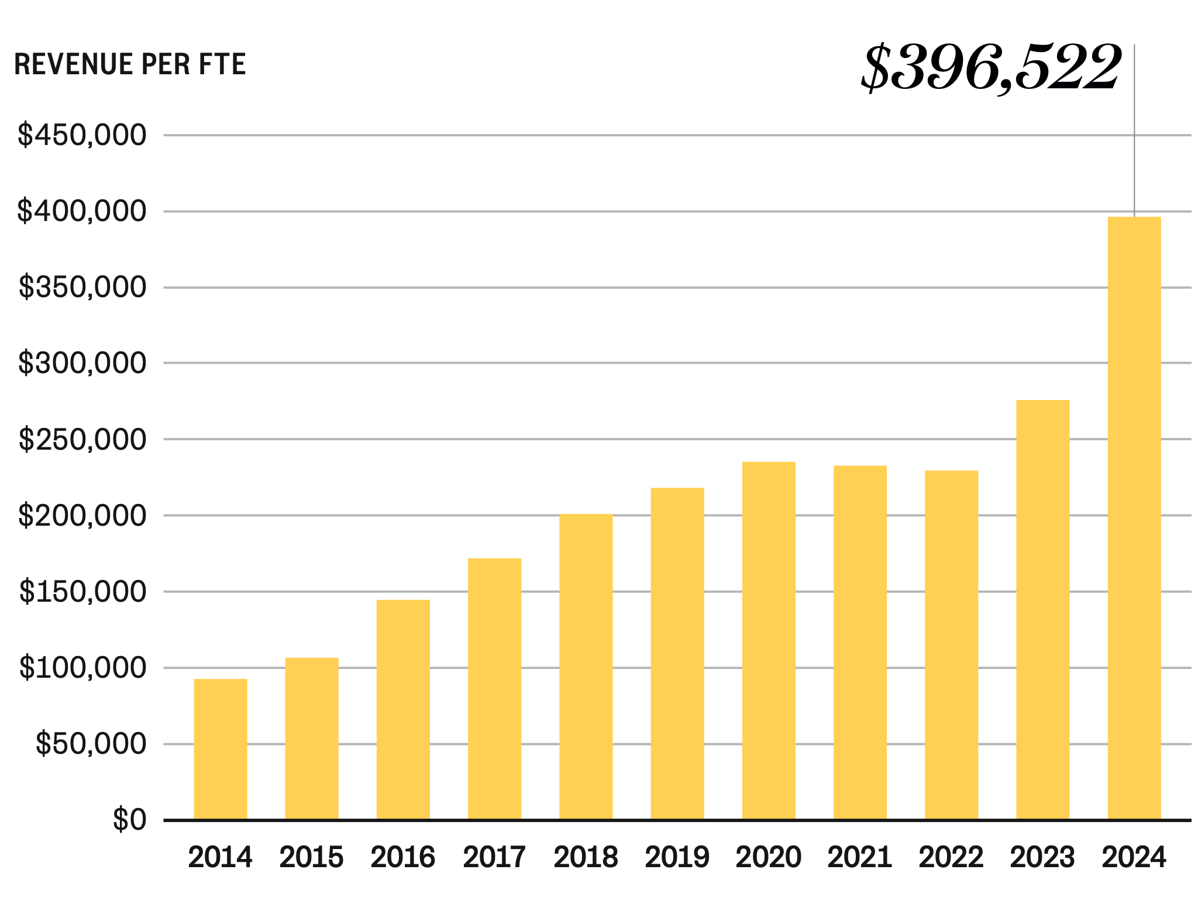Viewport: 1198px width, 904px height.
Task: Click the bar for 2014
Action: point(220,749)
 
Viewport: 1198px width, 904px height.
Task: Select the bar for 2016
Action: point(403,709)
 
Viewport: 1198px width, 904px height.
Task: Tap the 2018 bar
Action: point(586,667)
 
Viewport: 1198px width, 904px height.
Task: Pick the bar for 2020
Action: point(769,641)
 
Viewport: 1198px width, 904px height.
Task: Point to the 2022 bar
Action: point(951,645)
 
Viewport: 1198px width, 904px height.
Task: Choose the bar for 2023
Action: point(1042,610)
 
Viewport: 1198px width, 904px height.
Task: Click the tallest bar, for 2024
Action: point(1134,518)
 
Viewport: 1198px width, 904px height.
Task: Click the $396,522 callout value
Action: point(991,68)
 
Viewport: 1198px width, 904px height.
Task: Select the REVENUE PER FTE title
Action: point(130,64)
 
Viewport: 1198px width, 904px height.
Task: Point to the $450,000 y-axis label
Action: point(82,135)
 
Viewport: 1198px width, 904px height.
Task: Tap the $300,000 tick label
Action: point(82,363)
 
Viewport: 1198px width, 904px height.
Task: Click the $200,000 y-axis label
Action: point(82,516)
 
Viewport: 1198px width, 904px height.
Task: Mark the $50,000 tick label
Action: point(91,744)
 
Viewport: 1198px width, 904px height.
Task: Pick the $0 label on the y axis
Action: point(129,820)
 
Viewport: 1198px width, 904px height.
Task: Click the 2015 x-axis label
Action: point(311,858)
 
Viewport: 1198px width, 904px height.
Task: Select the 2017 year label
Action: point(494,858)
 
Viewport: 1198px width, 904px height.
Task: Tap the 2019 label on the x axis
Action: point(677,858)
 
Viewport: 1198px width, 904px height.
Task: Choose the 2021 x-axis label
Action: point(859,858)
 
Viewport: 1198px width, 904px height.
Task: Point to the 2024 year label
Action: point(1134,858)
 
